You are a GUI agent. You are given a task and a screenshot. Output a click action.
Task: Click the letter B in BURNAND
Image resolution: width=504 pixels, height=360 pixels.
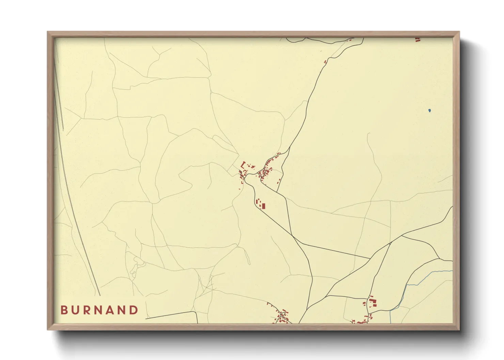coord(64,310)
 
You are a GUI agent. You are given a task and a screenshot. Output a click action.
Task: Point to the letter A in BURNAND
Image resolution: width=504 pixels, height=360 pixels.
coord(111,310)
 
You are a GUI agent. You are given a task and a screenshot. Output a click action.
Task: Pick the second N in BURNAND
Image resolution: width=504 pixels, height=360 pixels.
coord(123,310)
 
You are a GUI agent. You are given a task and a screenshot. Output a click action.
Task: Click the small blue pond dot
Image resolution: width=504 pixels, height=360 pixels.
coord(429,110)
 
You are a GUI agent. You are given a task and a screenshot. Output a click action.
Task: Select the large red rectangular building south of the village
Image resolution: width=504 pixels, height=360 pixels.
coord(263,206)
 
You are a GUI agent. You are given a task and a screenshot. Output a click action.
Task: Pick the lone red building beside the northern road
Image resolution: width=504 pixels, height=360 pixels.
coord(325,62)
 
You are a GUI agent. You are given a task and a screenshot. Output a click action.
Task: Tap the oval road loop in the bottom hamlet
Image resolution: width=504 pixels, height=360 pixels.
coord(283,313)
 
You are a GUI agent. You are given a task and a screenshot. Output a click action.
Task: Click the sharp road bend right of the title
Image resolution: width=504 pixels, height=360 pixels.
coord(196,312)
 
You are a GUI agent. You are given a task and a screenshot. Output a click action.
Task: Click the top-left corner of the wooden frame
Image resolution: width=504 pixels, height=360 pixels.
coord(48,32)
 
